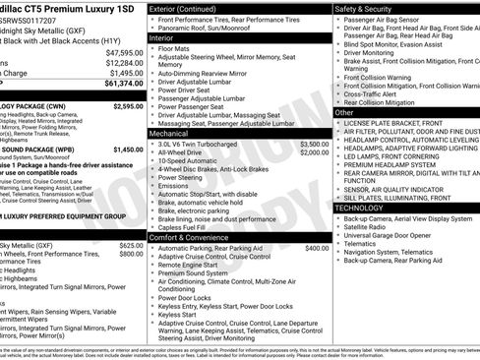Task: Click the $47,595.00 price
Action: [125, 52]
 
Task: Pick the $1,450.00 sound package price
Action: [128, 149]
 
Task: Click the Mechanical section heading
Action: [169, 133]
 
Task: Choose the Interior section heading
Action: [163, 36]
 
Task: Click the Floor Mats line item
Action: [174, 47]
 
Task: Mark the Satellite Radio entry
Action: [369, 227]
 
